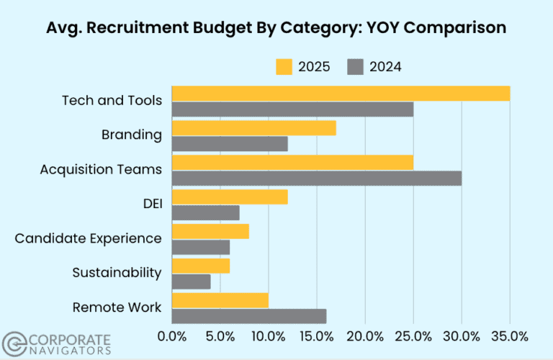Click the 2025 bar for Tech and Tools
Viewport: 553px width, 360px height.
pyautogui.click(x=341, y=94)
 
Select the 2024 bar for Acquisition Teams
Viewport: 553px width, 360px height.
pyautogui.click(x=317, y=178)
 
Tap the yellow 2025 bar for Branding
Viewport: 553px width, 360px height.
pyautogui.click(x=254, y=128)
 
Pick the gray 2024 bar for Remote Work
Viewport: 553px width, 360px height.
pyautogui.click(x=249, y=316)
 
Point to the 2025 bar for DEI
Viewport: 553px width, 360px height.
pyautogui.click(x=230, y=197)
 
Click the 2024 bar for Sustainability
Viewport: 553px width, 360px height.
pyautogui.click(x=192, y=282)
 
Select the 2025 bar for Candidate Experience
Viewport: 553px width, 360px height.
pyautogui.click(x=210, y=231)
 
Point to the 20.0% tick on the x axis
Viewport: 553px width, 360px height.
pyautogui.click(x=365, y=336)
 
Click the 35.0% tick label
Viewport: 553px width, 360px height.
pyautogui.click(x=509, y=336)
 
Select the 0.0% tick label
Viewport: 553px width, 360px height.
pyautogui.click(x=172, y=336)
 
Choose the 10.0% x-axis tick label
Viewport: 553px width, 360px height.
pyautogui.click(x=269, y=336)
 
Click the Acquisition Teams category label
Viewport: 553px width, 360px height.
pyautogui.click(x=101, y=169)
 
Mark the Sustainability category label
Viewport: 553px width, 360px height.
pyautogui.click(x=117, y=272)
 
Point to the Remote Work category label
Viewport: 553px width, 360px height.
pyautogui.click(x=117, y=307)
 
